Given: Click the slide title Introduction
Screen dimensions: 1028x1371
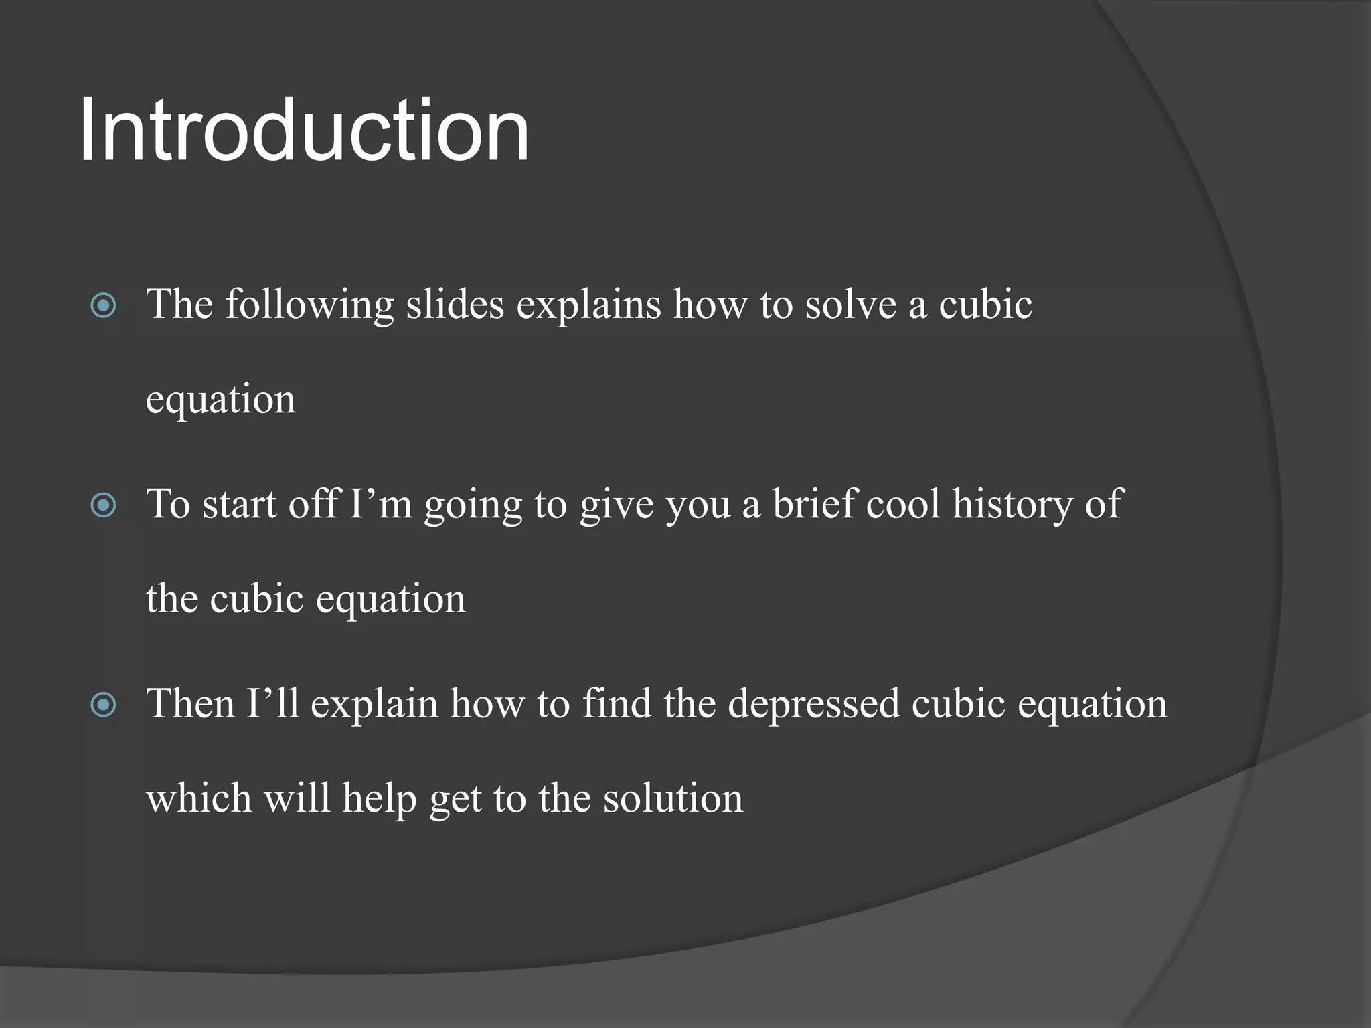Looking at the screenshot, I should pos(305,131).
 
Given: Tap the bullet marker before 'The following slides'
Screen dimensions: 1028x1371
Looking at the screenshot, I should pos(104,307).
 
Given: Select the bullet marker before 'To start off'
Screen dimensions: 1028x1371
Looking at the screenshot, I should pos(104,505).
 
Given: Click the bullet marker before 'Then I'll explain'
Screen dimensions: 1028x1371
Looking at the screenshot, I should pos(104,705).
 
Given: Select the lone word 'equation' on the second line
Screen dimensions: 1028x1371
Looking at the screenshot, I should pos(220,400).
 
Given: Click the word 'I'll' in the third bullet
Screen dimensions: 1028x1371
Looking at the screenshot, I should pos(272,703).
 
